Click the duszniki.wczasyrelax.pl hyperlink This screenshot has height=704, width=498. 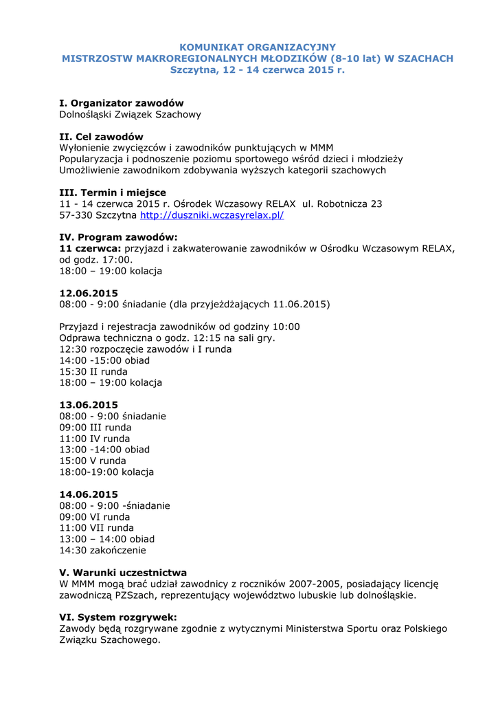(212, 215)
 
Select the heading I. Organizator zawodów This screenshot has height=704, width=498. (122, 103)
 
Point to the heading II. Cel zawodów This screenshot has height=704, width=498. (102, 137)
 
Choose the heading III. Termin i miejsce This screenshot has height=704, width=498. (113, 192)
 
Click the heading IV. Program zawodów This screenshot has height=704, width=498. (119, 237)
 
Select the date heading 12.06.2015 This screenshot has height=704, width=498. (89, 293)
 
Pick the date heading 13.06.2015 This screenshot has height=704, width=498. (89, 405)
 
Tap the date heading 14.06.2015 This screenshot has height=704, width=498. (89, 494)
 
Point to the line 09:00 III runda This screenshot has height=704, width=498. (95, 427)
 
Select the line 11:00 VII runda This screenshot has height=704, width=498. (97, 528)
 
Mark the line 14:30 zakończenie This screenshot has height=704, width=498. (103, 550)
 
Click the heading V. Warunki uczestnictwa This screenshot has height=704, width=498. (123, 573)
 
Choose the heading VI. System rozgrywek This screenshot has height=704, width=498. (118, 617)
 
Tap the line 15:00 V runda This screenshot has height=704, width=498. (93, 461)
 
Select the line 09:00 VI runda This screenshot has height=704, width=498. (95, 517)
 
